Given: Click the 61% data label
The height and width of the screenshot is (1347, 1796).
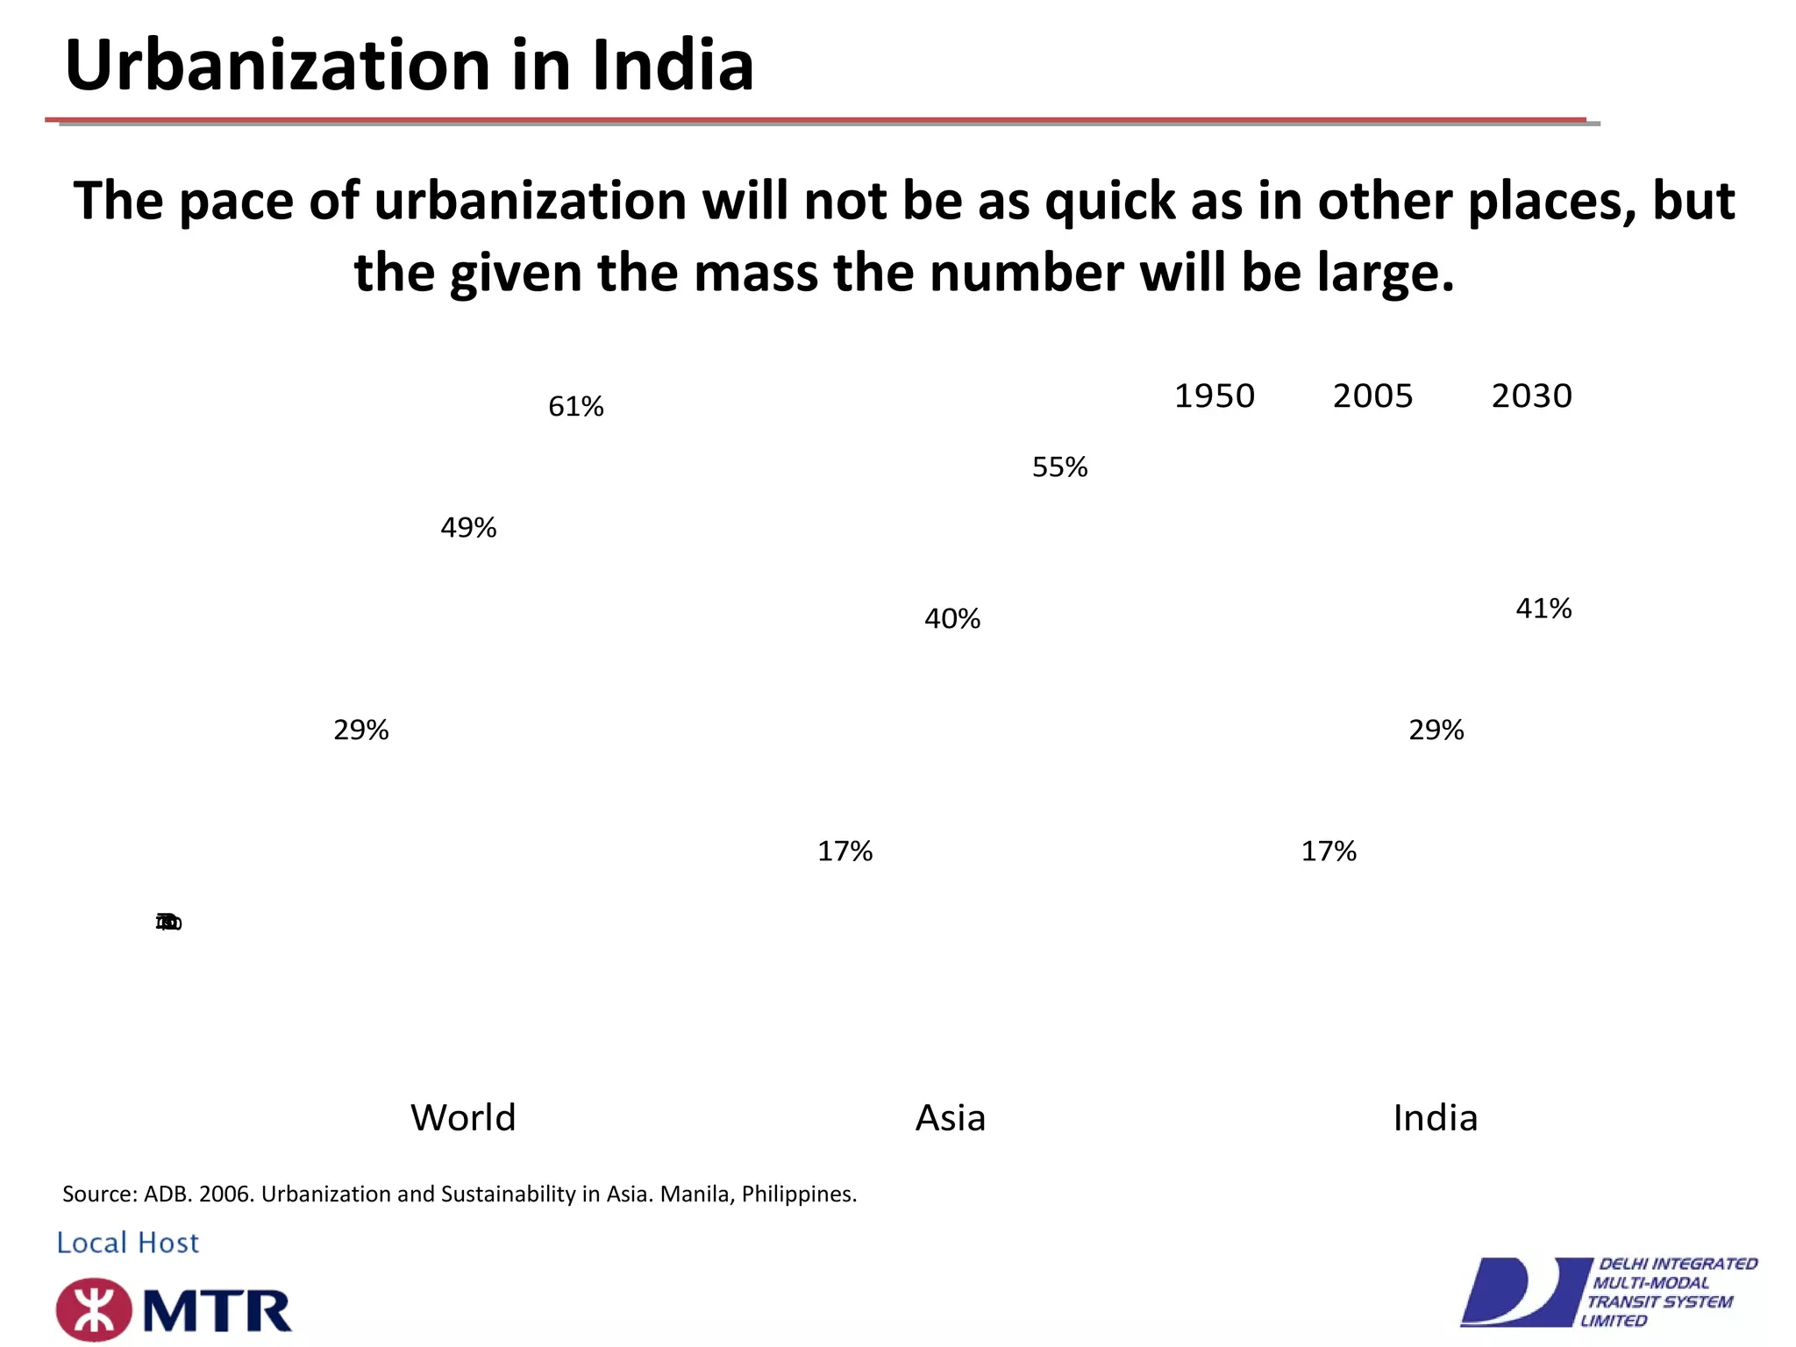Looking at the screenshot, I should (x=575, y=407).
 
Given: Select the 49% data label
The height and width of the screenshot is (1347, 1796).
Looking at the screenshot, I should (x=468, y=528).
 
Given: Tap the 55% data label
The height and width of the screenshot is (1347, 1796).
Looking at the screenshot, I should (x=1059, y=467).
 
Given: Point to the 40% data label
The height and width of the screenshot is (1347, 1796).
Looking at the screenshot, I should (x=951, y=619).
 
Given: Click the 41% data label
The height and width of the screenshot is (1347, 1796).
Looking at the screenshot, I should (x=1543, y=609).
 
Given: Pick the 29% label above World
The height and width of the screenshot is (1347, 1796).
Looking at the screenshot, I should (x=360, y=730).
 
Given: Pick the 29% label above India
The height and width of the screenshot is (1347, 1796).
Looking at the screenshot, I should (x=1436, y=730).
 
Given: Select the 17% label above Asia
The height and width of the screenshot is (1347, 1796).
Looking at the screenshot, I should (x=845, y=852).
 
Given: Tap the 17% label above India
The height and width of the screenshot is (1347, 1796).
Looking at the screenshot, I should (x=1328, y=852).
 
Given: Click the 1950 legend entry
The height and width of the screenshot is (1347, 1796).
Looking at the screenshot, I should (x=1214, y=396).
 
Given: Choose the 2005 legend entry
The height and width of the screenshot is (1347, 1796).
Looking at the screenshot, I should (x=1372, y=396).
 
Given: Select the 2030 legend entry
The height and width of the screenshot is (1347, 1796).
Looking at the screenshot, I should (x=1531, y=396).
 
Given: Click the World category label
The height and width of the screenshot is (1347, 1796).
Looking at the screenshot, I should (x=463, y=1118).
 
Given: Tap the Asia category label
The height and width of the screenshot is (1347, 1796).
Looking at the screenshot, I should (x=950, y=1118).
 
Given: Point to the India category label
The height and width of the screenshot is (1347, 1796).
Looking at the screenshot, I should (x=1435, y=1118).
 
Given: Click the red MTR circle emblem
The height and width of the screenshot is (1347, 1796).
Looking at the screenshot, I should (x=94, y=1310).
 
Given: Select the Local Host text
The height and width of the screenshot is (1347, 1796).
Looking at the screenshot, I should (x=128, y=1243).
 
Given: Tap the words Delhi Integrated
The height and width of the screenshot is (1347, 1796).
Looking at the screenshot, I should (x=1678, y=1264).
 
